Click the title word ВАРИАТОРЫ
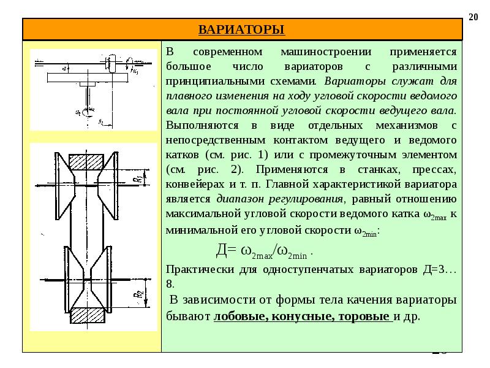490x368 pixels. click(x=242, y=29)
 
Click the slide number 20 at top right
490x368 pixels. click(x=473, y=17)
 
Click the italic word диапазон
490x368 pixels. click(x=239, y=199)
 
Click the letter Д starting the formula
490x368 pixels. click(x=222, y=251)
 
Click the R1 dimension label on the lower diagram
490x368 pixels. click(x=140, y=177)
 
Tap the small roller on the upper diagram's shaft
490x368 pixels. click(x=111, y=63)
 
